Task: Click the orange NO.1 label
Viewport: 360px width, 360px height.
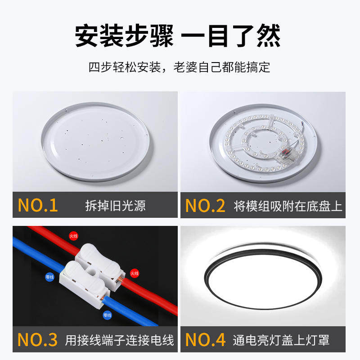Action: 38,206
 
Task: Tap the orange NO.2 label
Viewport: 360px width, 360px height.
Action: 205,206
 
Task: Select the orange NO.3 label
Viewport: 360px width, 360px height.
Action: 38,339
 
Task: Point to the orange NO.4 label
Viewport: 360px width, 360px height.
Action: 205,339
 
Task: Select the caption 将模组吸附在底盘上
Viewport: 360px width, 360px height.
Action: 288,206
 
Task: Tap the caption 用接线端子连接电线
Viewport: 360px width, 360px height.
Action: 119,339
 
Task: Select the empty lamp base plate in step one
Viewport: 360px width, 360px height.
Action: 96,139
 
